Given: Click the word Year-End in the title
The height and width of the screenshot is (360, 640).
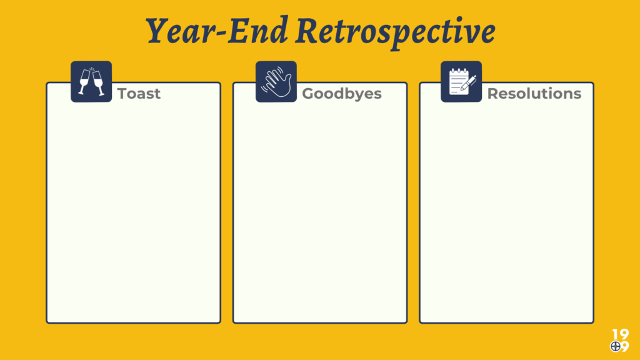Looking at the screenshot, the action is coord(217,31).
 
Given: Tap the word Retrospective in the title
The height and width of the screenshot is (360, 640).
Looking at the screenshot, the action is coord(396,32).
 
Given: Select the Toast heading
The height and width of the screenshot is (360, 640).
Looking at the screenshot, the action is coord(139,94).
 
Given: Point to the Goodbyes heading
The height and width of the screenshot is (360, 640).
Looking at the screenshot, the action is coord(342,94).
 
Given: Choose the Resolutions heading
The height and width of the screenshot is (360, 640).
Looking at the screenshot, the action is coord(534,94).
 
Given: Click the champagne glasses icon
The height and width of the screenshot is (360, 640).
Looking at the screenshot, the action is coord(91,82).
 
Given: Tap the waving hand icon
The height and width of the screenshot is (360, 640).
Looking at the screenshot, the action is coord(276,82).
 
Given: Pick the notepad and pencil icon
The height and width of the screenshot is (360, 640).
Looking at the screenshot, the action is coord(461,82).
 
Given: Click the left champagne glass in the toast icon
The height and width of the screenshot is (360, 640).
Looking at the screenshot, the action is coord(84,82).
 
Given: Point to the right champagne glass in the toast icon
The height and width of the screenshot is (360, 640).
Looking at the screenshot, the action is coord(98,83).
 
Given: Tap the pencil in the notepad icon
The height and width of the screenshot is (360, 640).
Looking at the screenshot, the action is coord(469,83).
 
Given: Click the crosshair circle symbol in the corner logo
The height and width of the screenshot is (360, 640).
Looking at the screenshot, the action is coord(616,346).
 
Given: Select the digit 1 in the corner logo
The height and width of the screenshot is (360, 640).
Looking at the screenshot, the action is coord(616,334).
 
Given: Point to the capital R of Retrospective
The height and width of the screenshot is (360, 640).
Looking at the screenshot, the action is coord(309,31).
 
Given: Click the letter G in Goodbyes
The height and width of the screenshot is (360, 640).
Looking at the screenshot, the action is coord(309,94).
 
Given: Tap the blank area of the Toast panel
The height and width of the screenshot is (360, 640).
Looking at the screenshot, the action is coord(134,212).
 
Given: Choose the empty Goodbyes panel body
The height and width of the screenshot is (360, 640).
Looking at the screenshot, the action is coord(320,212).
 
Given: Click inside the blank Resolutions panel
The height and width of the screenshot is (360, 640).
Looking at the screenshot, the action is coord(506,212).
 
